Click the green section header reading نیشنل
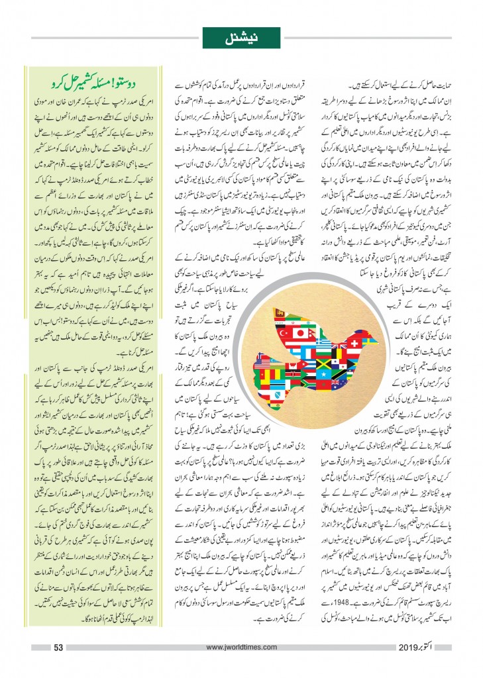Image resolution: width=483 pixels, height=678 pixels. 241,38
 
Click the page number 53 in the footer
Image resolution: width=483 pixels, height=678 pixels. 58,647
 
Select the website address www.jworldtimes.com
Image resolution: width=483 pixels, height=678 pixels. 241,648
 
